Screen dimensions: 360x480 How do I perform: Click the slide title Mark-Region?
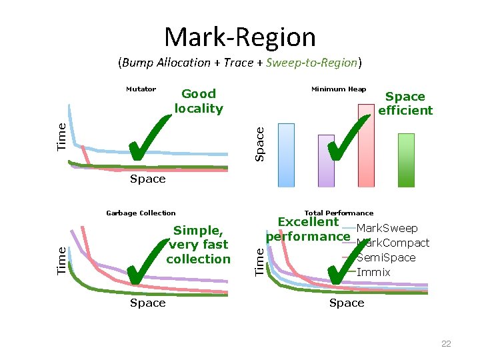click(x=240, y=37)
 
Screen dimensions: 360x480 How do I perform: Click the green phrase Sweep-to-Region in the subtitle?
click(x=311, y=63)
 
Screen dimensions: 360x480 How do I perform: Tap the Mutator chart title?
click(x=141, y=89)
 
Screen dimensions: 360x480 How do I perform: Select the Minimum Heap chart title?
click(x=339, y=89)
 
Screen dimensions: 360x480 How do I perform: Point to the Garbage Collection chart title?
click(x=141, y=213)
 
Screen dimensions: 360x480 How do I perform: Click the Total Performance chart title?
click(x=339, y=213)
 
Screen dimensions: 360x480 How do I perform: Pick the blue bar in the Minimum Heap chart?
click(x=285, y=155)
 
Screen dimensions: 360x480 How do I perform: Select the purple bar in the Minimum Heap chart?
click(x=326, y=161)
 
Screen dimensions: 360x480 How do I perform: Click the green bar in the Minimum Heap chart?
click(x=406, y=160)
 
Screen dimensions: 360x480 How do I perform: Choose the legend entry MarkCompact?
click(x=393, y=243)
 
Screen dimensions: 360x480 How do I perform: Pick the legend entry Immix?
click(x=373, y=272)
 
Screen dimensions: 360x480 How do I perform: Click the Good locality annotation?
click(x=199, y=101)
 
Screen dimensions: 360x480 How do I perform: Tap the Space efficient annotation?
click(x=405, y=103)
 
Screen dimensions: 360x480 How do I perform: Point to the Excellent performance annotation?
click(x=308, y=229)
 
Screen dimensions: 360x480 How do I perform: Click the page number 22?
click(x=446, y=344)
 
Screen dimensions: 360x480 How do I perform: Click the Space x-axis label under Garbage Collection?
click(x=147, y=303)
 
